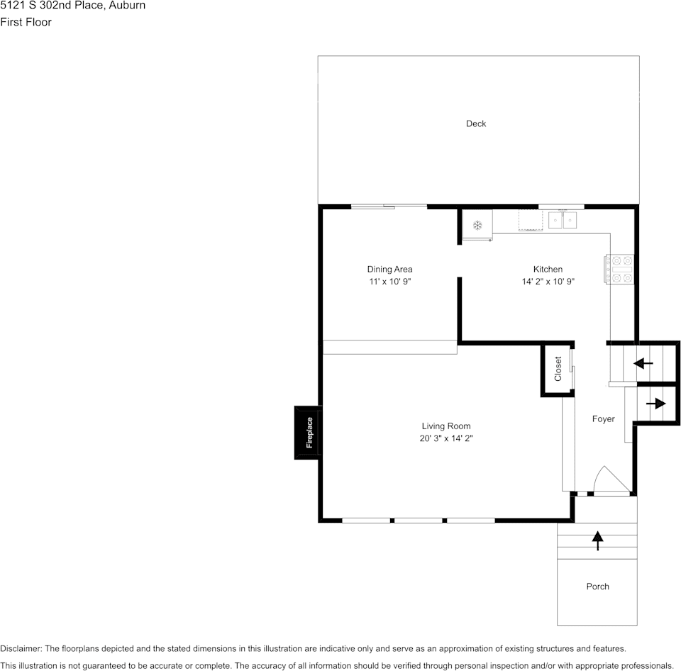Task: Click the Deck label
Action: [476, 124]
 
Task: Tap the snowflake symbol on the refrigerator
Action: [477, 225]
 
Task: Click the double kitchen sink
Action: [563, 220]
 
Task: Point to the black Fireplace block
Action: [308, 433]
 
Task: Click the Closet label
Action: [558, 369]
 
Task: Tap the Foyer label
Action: [603, 419]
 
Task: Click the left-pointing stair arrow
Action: [643, 363]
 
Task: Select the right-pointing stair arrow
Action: [655, 404]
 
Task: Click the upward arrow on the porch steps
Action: [597, 540]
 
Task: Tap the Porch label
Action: [597, 587]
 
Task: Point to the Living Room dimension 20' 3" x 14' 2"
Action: [446, 438]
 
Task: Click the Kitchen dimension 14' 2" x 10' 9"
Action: [548, 282]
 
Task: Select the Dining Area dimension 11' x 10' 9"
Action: [390, 282]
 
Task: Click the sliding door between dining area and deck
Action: [389, 206]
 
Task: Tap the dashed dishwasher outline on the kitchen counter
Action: [531, 220]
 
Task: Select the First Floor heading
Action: [26, 22]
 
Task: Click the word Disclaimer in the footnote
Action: [21, 649]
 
